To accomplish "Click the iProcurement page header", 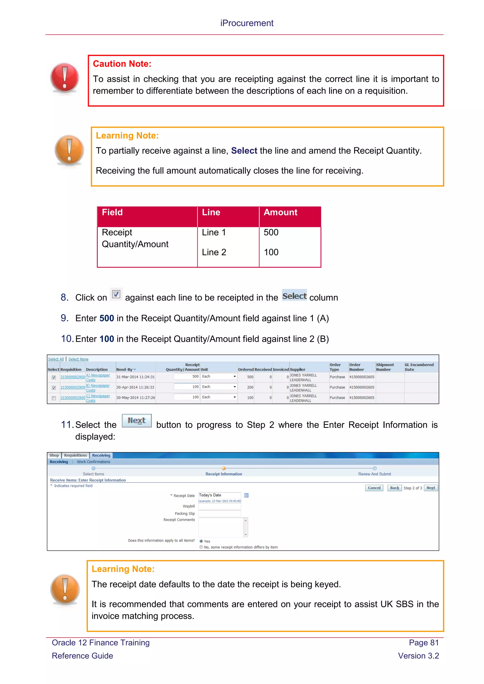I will click(246, 23).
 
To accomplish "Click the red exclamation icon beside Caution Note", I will click(65, 77).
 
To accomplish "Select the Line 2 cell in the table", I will click(214, 252).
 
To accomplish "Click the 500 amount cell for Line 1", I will click(271, 232).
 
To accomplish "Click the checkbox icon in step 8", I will click(116, 294).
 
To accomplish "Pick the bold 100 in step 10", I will click(107, 339).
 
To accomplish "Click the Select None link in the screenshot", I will click(78, 359).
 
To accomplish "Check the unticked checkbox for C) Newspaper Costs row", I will click(54, 398).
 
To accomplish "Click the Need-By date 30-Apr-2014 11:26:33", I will click(135, 387).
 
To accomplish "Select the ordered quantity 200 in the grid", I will click(250, 387).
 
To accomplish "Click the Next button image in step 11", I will click(137, 421).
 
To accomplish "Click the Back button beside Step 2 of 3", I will click(394, 488).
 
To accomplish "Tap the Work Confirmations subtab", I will click(93, 462).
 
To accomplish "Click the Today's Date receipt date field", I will click(219, 495).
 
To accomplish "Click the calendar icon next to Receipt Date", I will click(246, 496).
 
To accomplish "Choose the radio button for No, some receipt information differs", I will click(201, 547).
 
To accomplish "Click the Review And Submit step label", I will click(374, 474).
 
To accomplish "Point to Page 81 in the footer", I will click(423, 643).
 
